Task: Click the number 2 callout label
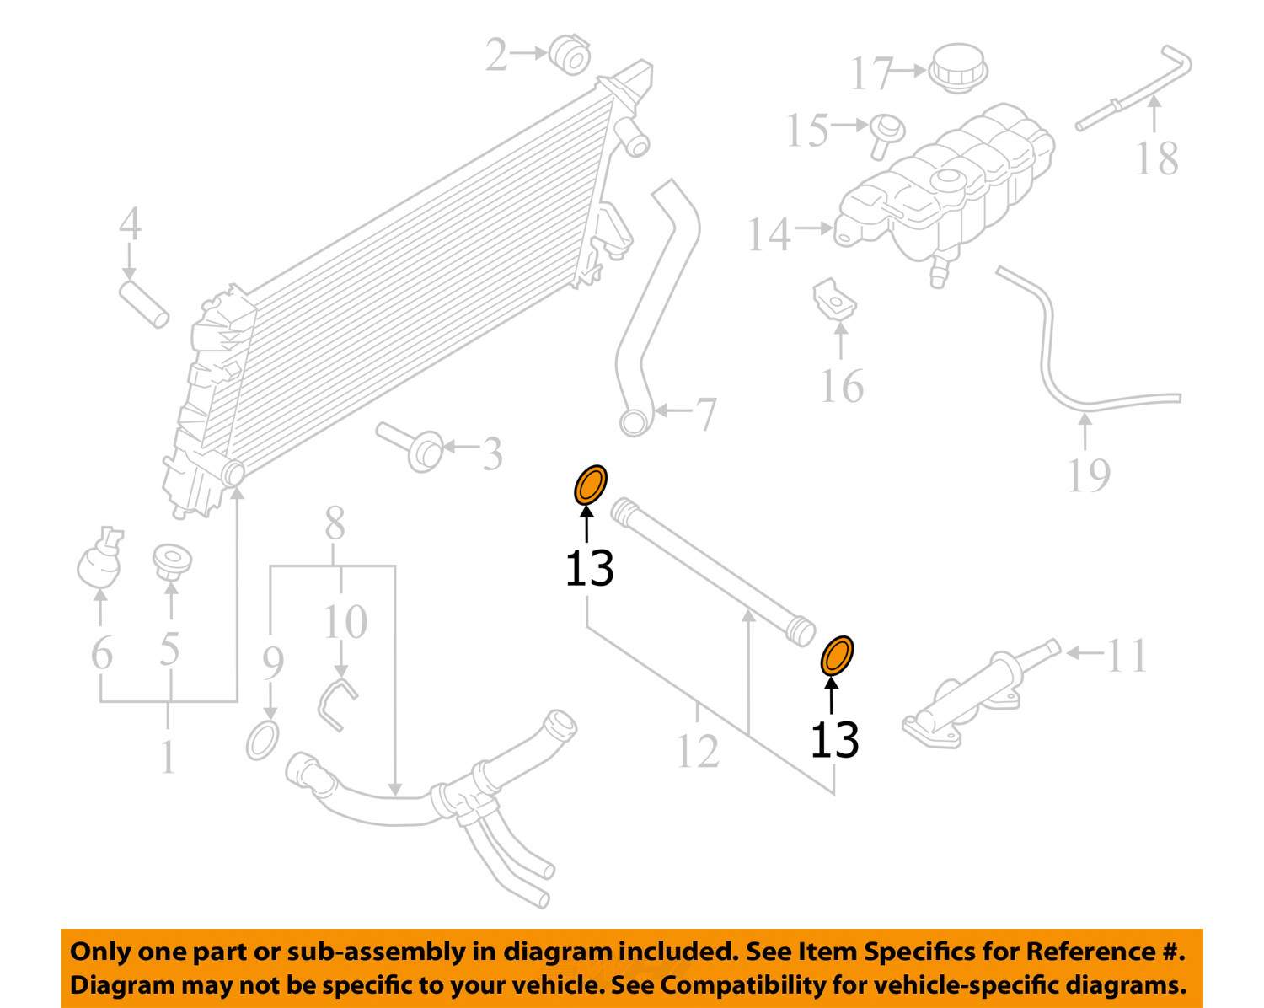496,56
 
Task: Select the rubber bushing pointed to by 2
570,56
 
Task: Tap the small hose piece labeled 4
144,305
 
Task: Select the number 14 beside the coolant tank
769,235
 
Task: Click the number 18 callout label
1156,159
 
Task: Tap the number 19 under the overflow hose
1088,475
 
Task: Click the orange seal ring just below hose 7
590,486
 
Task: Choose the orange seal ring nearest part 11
837,656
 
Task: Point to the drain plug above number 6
99,559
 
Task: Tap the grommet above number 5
172,561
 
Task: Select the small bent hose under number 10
337,703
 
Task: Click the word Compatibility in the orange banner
733,984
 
